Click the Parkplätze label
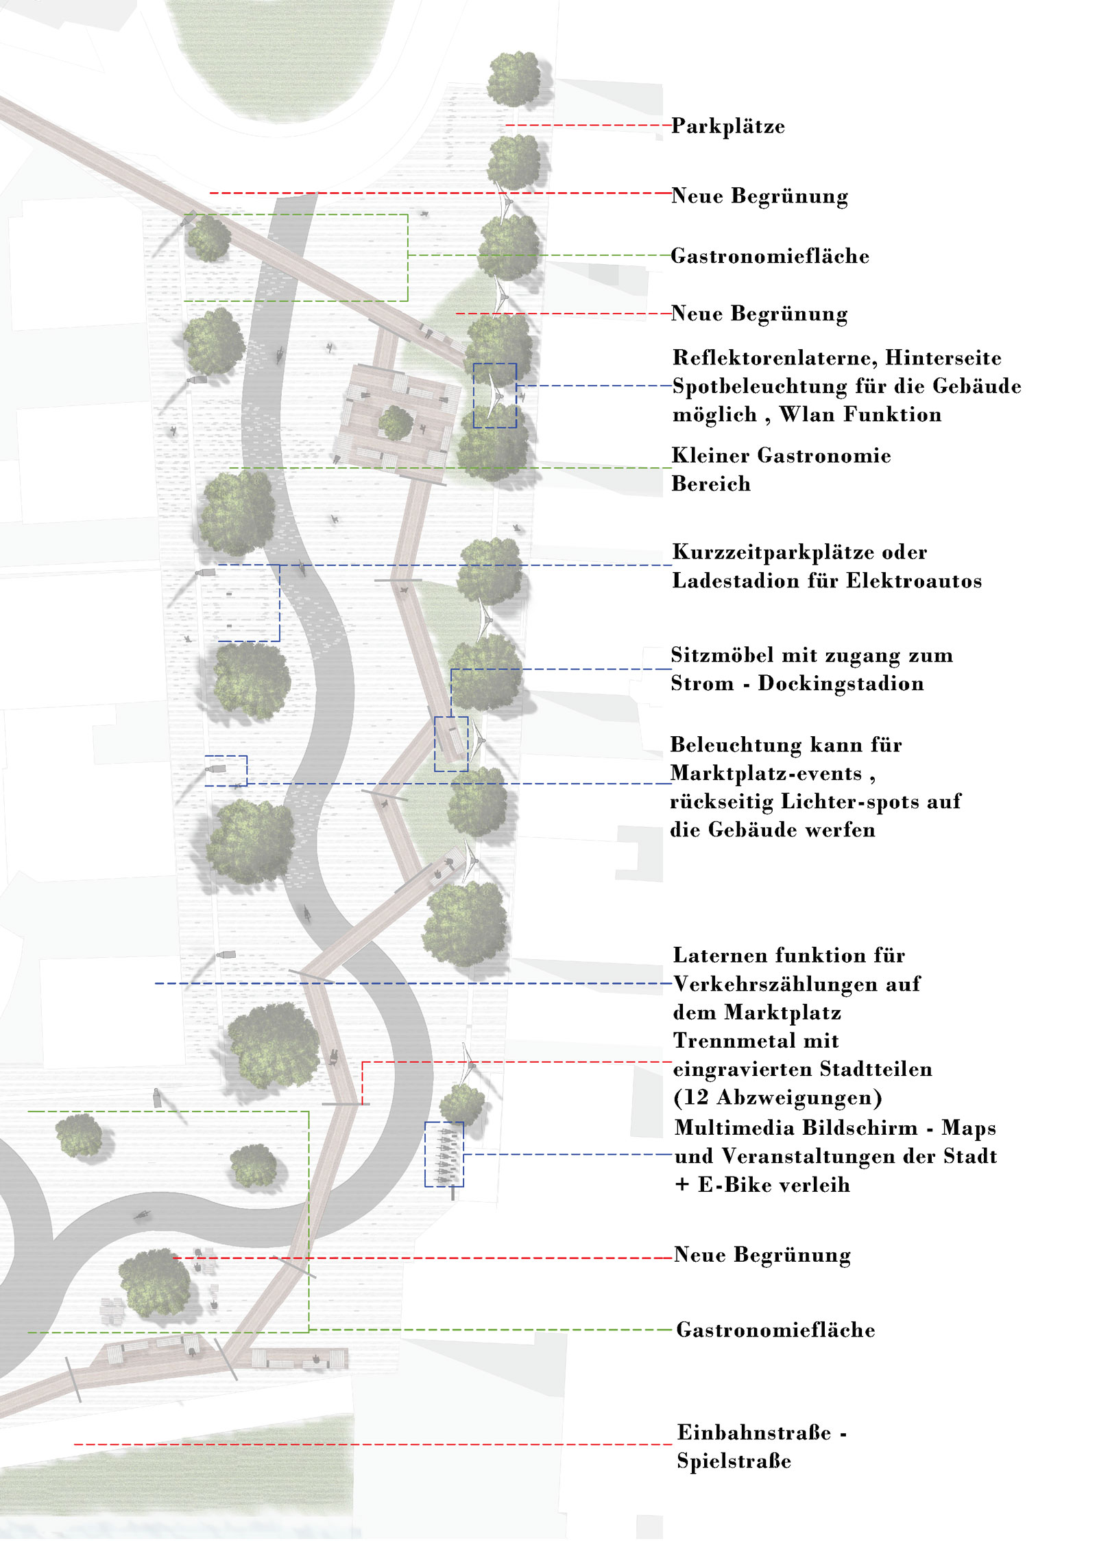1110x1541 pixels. pyautogui.click(x=727, y=126)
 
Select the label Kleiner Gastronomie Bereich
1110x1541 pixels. pyautogui.click(x=781, y=470)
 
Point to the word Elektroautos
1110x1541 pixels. pyautogui.click(x=914, y=581)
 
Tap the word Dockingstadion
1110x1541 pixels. pyautogui.click(x=841, y=683)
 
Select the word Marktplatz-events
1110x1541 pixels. pyautogui.click(x=766, y=774)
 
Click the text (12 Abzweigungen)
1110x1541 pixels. pyautogui.click(x=777, y=1098)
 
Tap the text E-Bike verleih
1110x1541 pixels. pyautogui.click(x=774, y=1185)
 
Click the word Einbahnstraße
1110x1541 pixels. pyautogui.click(x=754, y=1433)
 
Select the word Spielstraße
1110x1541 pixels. pyautogui.click(x=734, y=1461)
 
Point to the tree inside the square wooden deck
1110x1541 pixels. pyautogui.click(x=396, y=423)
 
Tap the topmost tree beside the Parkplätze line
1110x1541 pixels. pyautogui.click(x=514, y=80)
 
